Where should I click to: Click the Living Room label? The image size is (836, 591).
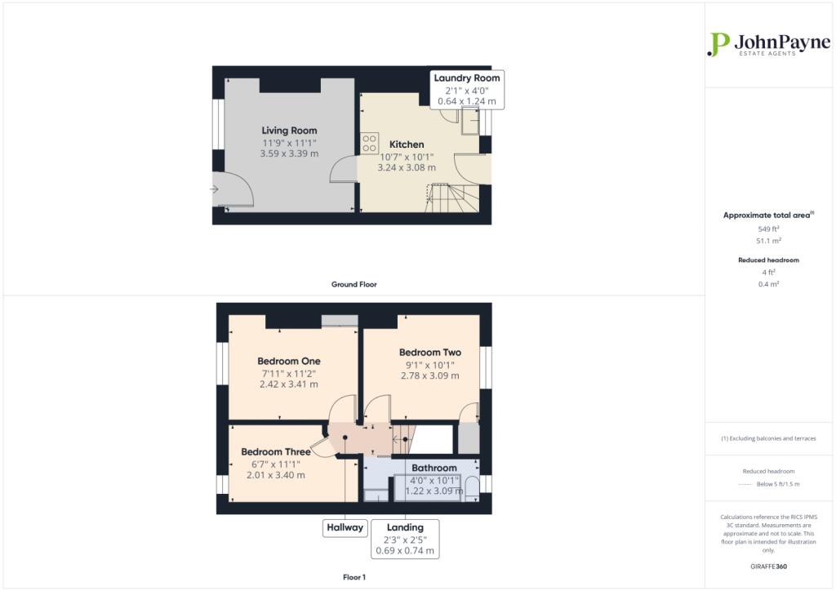coord(289,131)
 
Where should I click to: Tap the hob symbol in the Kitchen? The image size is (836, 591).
coord(370,144)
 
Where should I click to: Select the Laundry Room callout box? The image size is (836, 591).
coord(467,90)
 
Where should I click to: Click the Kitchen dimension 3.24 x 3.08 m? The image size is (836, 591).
coord(407,167)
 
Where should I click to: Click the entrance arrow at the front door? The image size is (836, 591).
coord(214,189)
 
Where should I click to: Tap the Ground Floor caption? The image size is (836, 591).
coord(354,285)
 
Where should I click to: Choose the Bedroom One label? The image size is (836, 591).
coord(289,361)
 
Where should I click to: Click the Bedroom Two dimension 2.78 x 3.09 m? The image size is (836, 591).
coord(429,375)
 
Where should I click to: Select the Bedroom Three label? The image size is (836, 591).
coord(276,452)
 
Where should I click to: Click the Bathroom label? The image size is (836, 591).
coord(434,468)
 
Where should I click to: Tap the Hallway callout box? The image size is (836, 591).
coord(345,527)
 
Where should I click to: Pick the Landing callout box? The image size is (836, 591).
coord(405,539)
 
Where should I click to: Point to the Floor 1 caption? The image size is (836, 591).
coord(354,577)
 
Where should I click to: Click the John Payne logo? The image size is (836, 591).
coord(768,44)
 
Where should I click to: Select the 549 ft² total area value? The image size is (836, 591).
coord(768,229)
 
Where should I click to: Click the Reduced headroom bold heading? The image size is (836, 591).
coord(768,260)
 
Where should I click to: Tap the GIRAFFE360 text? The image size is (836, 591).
coord(768,567)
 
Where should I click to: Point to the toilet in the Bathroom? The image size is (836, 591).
coord(472,489)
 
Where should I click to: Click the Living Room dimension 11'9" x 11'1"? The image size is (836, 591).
coord(289,143)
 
